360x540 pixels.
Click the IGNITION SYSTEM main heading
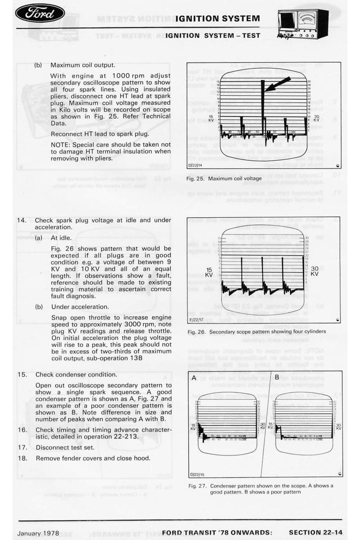pos(217,18)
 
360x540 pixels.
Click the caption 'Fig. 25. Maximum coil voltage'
pos(224,179)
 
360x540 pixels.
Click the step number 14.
pos(21,220)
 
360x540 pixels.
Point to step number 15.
pos(21,374)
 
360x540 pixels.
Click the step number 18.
pos(21,459)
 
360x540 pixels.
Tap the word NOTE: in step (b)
pos(61,144)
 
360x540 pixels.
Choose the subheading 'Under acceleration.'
pos(80,306)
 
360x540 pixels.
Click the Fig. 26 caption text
pos(258,332)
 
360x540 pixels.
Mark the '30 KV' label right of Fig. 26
pos(315,270)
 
